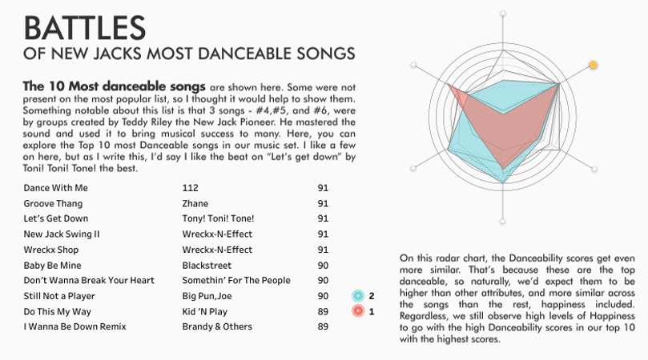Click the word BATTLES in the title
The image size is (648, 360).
[85, 28]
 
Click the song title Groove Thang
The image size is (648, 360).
[53, 203]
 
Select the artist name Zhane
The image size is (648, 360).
[195, 203]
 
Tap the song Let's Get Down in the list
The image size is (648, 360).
[56, 218]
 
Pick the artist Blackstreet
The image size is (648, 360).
[207, 266]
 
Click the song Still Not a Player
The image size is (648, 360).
[59, 296]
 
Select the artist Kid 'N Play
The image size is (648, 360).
[204, 312]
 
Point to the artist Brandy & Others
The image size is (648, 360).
[217, 326]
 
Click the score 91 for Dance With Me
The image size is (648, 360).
[323, 188]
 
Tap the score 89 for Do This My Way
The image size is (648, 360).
[323, 312]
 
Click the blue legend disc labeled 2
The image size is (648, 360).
[358, 295]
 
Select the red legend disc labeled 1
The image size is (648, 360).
[358, 311]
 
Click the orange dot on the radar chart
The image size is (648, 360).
[593, 65]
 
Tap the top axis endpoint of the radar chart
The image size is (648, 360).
[503, 14]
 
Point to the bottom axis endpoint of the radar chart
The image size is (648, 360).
[502, 222]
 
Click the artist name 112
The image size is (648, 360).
[190, 188]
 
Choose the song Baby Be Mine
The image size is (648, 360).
[53, 266]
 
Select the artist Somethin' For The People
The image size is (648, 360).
[236, 280]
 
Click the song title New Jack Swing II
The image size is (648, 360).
[62, 234]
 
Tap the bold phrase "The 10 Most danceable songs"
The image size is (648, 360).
[114, 86]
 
